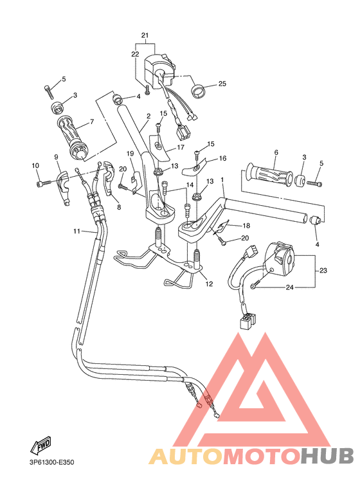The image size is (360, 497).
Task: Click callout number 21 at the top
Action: coord(145,35)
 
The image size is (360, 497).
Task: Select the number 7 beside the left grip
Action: coord(91,121)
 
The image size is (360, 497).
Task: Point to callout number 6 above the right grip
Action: coord(275,152)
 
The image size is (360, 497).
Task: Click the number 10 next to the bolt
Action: coord(35,166)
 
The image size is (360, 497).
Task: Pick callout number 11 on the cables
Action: coord(76,231)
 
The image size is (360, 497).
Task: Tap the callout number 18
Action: coord(246,226)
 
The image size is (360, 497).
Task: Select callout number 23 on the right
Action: coord(323,271)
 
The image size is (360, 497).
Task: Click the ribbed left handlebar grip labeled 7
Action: coord(71,136)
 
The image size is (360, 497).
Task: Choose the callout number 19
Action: coord(130,153)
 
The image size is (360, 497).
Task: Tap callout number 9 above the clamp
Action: coord(57,156)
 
